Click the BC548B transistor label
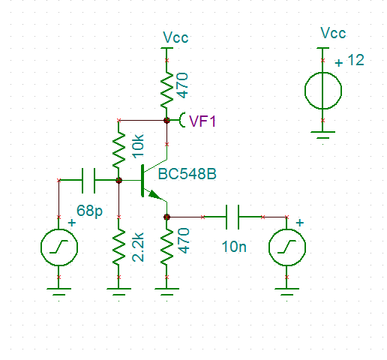click(x=187, y=174)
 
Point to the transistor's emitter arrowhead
click(x=154, y=195)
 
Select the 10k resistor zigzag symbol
click(x=118, y=150)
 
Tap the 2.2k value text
click(x=138, y=247)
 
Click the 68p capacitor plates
click(x=88, y=180)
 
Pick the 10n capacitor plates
click(x=232, y=217)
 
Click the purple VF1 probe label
click(x=202, y=121)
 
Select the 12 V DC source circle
click(x=323, y=91)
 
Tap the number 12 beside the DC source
click(x=355, y=60)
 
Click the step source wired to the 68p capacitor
click(x=59, y=247)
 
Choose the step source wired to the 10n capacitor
click(x=287, y=247)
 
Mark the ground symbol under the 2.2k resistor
click(x=118, y=292)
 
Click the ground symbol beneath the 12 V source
click(x=323, y=135)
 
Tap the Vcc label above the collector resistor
click(x=175, y=37)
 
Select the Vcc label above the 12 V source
click(x=333, y=33)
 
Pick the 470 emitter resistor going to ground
click(x=166, y=246)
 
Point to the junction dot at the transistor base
click(x=119, y=180)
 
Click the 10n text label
click(x=234, y=247)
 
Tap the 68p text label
click(x=89, y=211)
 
